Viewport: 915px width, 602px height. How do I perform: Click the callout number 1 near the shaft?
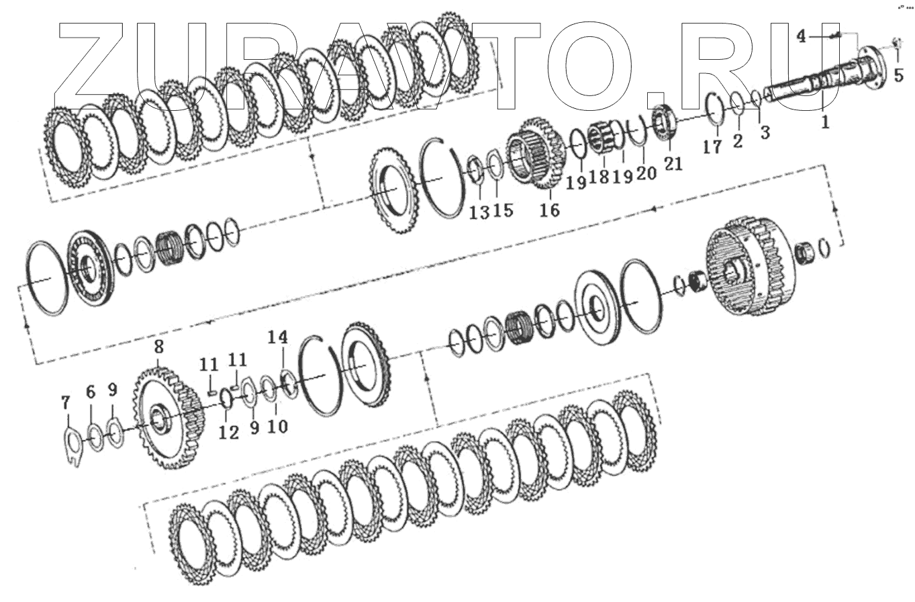pos(825,122)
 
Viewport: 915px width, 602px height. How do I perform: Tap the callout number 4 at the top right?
pos(802,37)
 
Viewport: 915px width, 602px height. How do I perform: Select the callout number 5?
pos(899,75)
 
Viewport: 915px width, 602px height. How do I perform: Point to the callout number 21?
pos(673,164)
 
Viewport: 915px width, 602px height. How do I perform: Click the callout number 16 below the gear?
pos(549,210)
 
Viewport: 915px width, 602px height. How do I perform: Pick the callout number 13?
pos(479,212)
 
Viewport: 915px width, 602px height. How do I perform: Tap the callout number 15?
pos(503,210)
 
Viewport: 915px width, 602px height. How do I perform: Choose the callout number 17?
pos(712,146)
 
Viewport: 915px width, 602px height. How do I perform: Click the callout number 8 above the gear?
pos(159,347)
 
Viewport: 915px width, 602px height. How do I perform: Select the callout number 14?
pos(278,337)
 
